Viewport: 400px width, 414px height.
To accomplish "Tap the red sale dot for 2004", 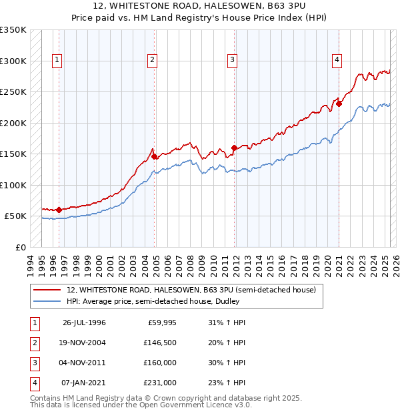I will coord(155,156).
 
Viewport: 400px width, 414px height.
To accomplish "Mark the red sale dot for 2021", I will coord(339,103).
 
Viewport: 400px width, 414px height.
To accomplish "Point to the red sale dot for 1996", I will coord(59,210).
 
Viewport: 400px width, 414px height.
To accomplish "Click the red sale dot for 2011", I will coord(234,148).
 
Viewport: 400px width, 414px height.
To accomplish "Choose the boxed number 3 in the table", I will coord(35,363).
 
